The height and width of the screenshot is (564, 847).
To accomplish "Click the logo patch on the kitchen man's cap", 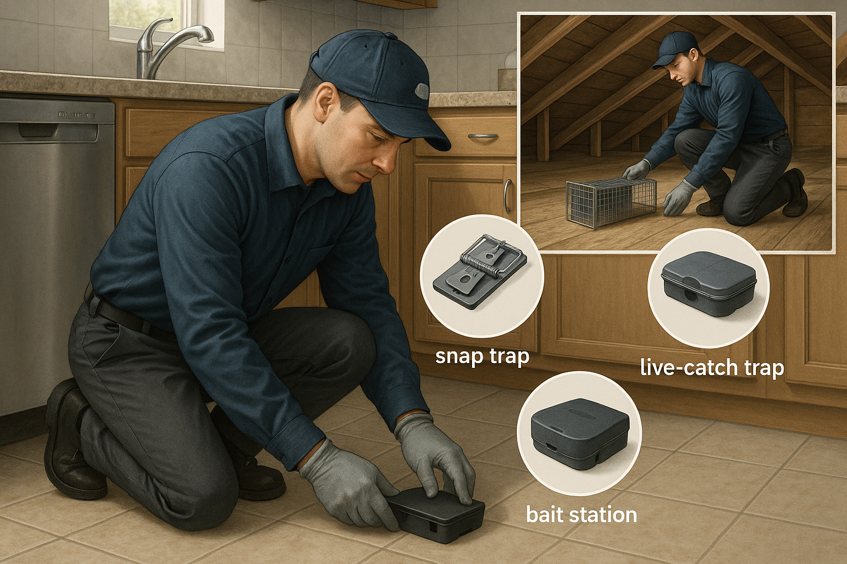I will [x=421, y=90].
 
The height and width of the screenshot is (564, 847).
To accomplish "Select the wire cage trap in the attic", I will [x=611, y=202].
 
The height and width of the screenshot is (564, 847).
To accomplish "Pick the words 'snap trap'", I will [x=482, y=356].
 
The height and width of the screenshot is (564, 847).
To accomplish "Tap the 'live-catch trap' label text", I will [x=711, y=367].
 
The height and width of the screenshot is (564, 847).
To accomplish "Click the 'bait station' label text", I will [x=581, y=515].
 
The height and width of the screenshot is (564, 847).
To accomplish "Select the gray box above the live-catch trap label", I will [x=708, y=283].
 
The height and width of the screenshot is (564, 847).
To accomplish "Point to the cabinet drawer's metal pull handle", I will [x=483, y=136].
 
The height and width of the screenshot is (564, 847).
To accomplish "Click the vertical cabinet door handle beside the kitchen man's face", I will [x=507, y=196].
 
